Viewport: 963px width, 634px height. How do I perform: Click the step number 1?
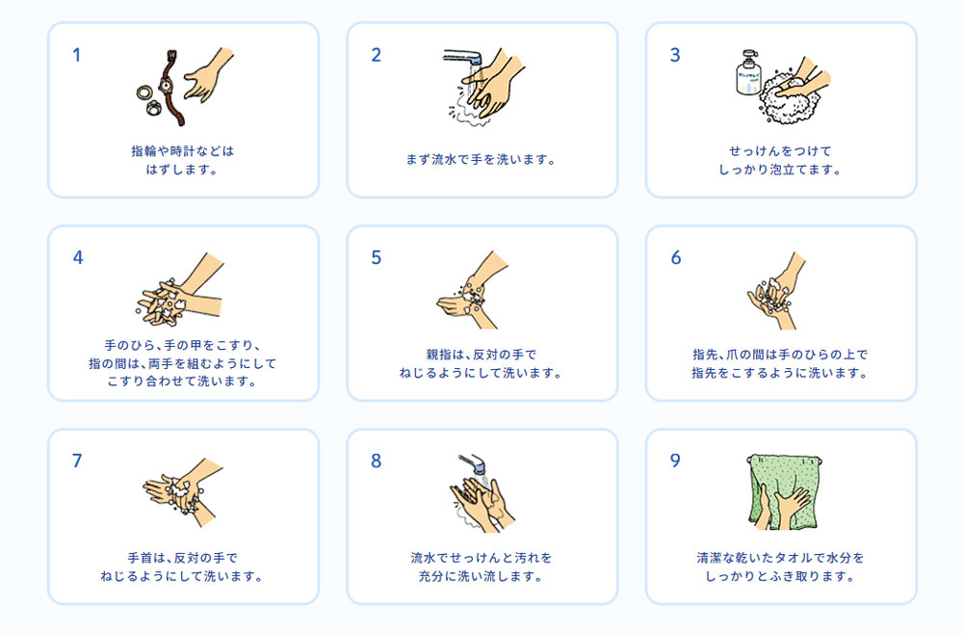[76, 55]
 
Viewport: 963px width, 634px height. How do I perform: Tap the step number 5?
[376, 257]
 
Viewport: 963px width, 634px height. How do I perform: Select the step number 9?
[675, 461]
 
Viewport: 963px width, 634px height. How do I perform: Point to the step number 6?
[676, 257]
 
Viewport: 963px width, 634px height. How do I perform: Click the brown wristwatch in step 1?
[169, 88]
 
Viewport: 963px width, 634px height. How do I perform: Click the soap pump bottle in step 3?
[748, 73]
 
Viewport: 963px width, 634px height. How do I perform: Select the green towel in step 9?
[784, 491]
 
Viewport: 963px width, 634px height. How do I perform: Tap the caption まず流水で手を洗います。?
[481, 160]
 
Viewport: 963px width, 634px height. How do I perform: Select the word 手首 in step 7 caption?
[140, 558]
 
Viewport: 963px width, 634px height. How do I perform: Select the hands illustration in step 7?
[182, 492]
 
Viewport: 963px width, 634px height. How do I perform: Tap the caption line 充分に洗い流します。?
[481, 576]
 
